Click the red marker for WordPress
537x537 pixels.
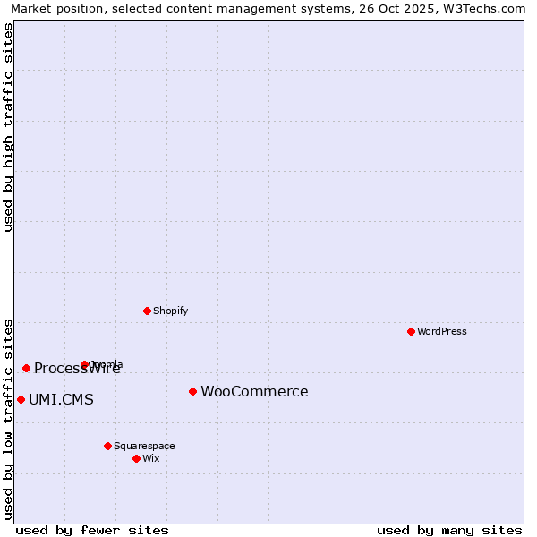click(x=411, y=331)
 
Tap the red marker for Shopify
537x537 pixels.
click(x=147, y=311)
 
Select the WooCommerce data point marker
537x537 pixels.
click(x=192, y=391)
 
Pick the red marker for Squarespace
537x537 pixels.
click(x=107, y=446)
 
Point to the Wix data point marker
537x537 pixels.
click(x=136, y=458)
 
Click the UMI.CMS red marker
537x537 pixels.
click(x=21, y=399)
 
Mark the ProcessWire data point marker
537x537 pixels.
click(x=26, y=368)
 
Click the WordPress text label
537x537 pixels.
click(x=442, y=331)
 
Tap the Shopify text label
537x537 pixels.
click(x=170, y=311)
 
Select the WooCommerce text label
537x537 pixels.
click(x=254, y=391)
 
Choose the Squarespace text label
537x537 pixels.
click(x=144, y=446)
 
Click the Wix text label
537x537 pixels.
click(x=150, y=458)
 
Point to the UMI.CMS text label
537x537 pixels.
click(x=61, y=399)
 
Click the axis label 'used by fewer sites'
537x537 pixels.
click(x=92, y=530)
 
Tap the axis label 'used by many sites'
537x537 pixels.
click(x=449, y=530)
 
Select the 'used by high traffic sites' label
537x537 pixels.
click(x=8, y=127)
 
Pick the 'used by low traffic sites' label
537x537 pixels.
click(x=8, y=418)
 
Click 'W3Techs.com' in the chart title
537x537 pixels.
click(x=490, y=8)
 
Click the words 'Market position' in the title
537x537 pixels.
click(x=50, y=8)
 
